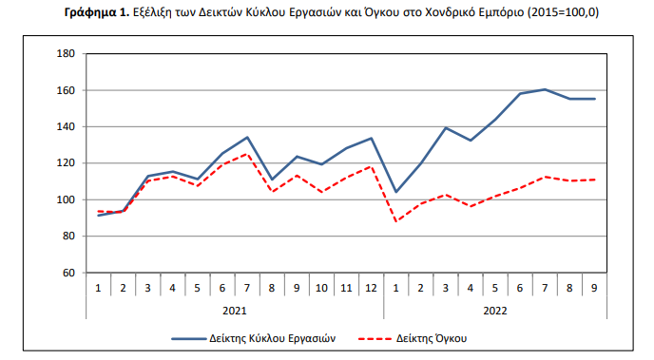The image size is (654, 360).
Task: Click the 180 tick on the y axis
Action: tap(66, 54)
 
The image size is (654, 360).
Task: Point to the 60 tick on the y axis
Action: tap(68, 273)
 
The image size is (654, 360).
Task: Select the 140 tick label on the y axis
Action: tap(66, 126)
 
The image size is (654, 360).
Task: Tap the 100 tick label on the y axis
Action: tap(66, 199)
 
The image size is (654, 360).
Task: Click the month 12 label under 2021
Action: tap(371, 287)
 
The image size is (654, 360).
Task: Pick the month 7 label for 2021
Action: tap(247, 287)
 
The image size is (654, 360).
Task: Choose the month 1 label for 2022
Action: tap(396, 287)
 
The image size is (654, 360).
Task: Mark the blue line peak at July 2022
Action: tap(545, 89)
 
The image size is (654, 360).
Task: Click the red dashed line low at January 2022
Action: tap(396, 221)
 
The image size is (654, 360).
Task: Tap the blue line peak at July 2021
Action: tap(247, 137)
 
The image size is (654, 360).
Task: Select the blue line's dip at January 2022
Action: tap(396, 192)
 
